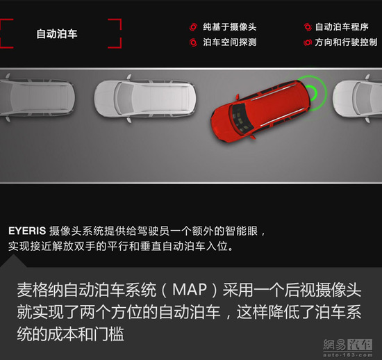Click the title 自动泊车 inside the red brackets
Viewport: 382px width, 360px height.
click(57, 33)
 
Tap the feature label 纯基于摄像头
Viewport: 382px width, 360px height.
click(230, 27)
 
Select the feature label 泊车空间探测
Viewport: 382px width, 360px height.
click(230, 42)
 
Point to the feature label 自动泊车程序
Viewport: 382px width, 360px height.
click(342, 27)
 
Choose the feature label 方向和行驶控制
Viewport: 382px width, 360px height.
click(346, 42)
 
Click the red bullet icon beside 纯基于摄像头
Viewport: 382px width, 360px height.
click(193, 27)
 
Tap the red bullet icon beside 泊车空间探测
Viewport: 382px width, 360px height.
click(193, 42)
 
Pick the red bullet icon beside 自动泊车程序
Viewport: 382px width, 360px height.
click(308, 27)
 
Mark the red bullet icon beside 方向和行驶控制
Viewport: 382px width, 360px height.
click(308, 42)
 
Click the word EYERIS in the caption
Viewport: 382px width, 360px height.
click(27, 231)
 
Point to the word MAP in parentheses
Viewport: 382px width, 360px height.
click(190, 290)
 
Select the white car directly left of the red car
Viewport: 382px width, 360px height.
click(145, 99)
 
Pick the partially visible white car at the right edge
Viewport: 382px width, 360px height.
click(357, 99)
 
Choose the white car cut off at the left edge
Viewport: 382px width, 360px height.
click(37, 97)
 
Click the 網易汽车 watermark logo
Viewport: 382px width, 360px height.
click(348, 347)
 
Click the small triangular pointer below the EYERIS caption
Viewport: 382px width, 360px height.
click(14, 261)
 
